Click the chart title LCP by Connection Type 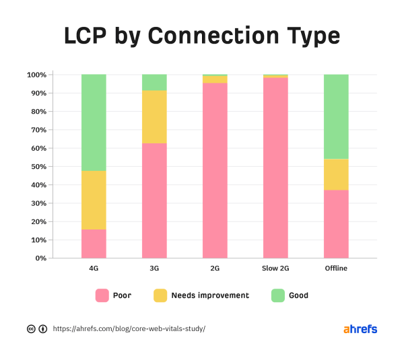202,35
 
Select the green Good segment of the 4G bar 94,122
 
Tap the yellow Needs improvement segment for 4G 94,200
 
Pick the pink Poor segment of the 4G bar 94,244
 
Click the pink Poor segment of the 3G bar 154,201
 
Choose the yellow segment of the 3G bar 154,116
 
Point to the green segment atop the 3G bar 154,82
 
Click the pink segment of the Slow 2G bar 275,168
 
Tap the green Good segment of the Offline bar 336,116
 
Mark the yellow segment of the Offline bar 336,174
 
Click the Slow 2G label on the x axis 275,268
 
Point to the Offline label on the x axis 336,268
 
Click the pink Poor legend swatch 102,295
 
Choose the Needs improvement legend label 210,295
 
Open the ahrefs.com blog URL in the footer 129,329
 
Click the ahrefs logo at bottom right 360,329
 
